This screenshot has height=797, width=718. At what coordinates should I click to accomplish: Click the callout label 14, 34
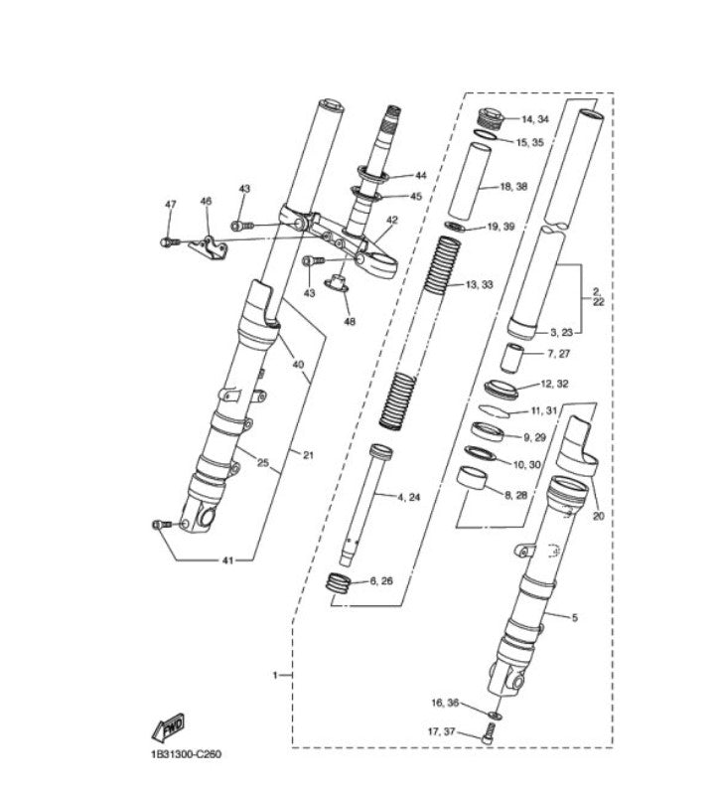coord(534,119)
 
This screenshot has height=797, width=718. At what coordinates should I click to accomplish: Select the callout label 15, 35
coord(529,142)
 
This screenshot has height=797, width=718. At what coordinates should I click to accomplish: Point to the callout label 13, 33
coord(480,284)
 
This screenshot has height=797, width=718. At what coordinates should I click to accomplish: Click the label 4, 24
coord(408,496)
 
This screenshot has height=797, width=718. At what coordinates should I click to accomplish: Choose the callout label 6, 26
coord(381,580)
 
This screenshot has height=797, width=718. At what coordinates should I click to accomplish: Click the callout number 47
coord(170,205)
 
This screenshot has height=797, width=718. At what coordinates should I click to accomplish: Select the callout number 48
coord(349,321)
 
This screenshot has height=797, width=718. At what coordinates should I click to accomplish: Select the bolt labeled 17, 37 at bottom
coord(487,734)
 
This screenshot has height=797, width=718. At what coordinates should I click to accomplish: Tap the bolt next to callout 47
coord(168,240)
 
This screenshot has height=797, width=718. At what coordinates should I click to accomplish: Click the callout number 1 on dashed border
coord(275,675)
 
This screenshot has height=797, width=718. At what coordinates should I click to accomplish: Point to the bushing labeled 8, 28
coord(474,479)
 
